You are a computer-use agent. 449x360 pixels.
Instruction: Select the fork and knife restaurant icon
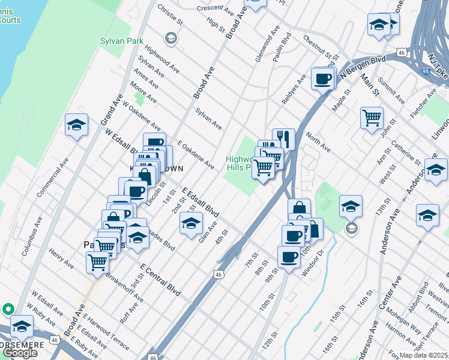pyautogui.click(x=283, y=139)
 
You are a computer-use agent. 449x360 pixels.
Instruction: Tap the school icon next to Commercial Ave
pyautogui.click(x=77, y=125)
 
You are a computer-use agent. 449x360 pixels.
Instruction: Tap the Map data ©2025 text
pyautogui.click(x=423, y=355)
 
